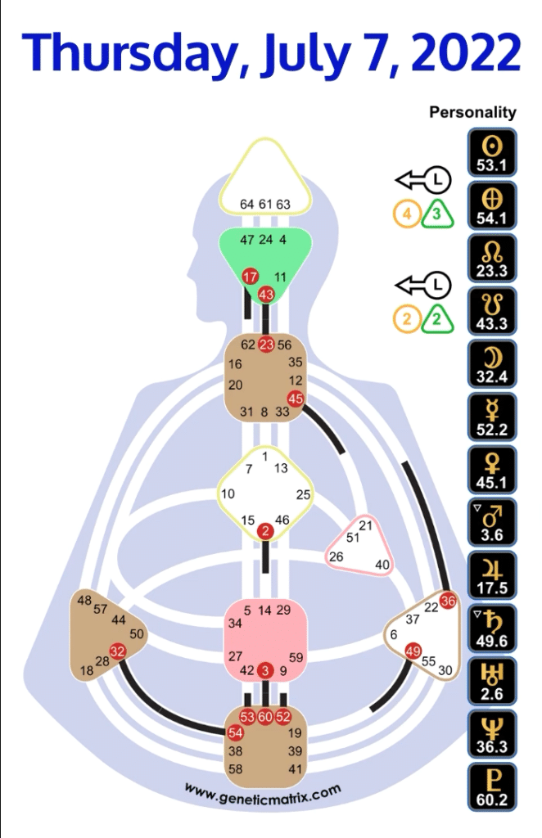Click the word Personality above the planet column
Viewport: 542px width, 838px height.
(472, 113)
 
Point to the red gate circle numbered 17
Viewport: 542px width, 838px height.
(251, 277)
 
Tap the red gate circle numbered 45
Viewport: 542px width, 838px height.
(296, 399)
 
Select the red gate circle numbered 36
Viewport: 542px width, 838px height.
(447, 601)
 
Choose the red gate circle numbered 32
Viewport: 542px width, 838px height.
(117, 652)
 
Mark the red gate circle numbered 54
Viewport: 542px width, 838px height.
(236, 732)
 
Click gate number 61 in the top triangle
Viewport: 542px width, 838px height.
(265, 204)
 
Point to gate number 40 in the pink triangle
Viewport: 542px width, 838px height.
(382, 564)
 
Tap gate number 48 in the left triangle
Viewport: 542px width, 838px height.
(84, 600)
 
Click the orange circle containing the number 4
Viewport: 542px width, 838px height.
(405, 215)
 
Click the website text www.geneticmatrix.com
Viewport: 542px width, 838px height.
(262, 792)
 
